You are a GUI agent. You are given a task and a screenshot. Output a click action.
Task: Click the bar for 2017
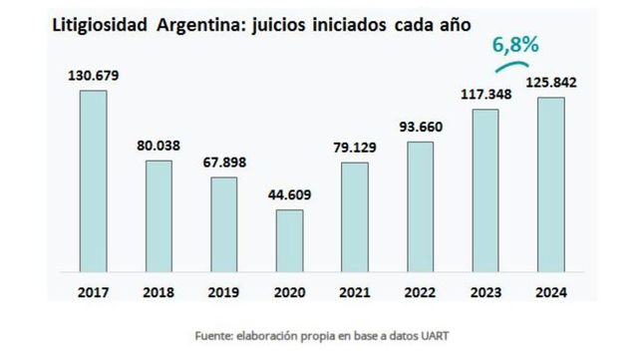pos(93,180)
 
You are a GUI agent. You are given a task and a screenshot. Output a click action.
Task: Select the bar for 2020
pos(288,239)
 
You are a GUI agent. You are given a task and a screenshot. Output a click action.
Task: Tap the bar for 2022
pos(420,205)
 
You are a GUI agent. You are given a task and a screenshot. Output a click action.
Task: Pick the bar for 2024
pos(551,183)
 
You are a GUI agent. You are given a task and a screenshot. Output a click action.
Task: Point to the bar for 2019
pos(223,223)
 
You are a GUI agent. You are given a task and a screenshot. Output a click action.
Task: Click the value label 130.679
pos(92,75)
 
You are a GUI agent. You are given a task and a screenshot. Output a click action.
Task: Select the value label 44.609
pos(288,193)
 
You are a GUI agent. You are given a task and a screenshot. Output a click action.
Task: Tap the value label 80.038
pos(158,145)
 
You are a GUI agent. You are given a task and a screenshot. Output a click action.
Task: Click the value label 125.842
pos(551,82)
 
